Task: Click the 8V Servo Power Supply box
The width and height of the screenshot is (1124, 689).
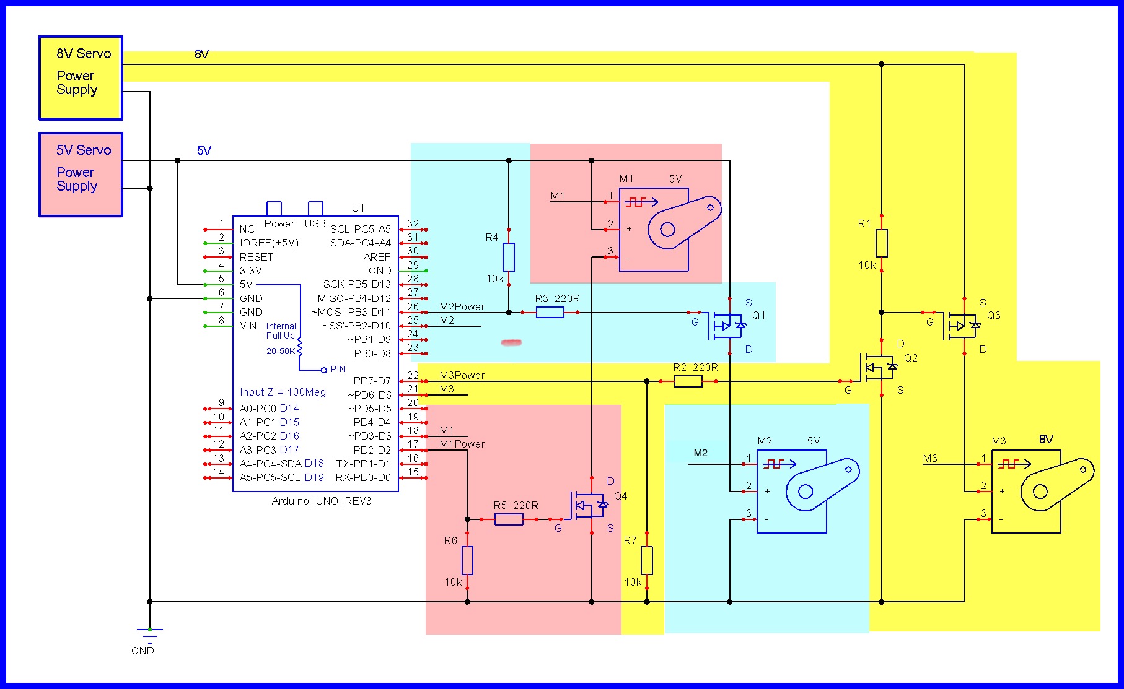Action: [81, 78]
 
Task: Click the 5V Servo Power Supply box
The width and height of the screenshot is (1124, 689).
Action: [81, 175]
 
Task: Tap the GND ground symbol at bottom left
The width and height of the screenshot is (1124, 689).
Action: [149, 633]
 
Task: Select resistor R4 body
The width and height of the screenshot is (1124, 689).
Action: [509, 257]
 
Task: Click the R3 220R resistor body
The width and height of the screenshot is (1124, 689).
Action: [550, 313]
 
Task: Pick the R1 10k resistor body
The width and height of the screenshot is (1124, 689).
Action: [882, 243]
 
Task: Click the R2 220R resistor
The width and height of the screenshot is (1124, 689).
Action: [688, 381]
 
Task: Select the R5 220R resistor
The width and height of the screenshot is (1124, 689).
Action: [509, 519]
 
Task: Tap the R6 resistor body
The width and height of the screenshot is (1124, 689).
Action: [468, 560]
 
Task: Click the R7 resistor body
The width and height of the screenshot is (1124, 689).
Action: [647, 560]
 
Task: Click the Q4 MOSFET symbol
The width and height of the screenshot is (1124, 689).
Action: [589, 506]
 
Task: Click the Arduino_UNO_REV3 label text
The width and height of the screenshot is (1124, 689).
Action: [322, 501]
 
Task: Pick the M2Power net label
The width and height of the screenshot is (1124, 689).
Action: [462, 306]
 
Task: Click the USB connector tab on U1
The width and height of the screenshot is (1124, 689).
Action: [315, 209]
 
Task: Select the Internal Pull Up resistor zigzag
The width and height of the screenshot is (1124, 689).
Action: [300, 347]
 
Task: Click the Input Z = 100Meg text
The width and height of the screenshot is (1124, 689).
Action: [283, 392]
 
